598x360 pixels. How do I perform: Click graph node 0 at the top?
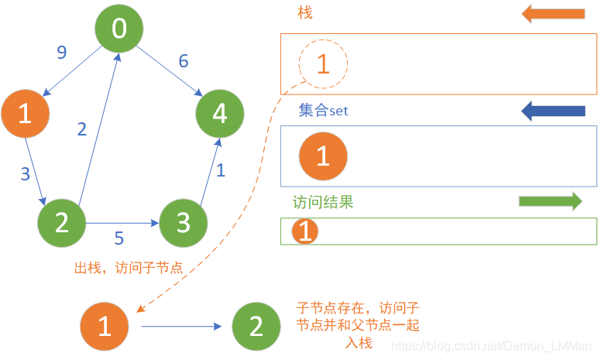click(x=119, y=29)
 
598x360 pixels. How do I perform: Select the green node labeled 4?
click(x=220, y=114)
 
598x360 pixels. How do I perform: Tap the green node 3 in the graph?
click(x=184, y=223)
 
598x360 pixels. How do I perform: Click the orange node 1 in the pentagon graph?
click(x=25, y=115)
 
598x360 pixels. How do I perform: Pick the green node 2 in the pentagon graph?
click(x=61, y=223)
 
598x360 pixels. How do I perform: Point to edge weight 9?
click(x=62, y=53)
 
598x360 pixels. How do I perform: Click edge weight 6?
click(x=184, y=60)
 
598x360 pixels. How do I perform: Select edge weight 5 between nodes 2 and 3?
click(x=119, y=238)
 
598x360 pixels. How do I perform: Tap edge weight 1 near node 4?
click(x=221, y=170)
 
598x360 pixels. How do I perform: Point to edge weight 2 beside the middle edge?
click(x=82, y=129)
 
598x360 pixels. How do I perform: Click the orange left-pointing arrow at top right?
click(x=552, y=13)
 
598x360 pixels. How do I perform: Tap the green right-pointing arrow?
click(x=550, y=202)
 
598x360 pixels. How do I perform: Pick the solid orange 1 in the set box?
click(x=323, y=156)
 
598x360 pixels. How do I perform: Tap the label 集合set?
click(x=324, y=111)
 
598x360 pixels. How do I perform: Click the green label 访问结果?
click(x=323, y=202)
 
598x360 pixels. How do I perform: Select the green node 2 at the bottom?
click(x=256, y=326)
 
